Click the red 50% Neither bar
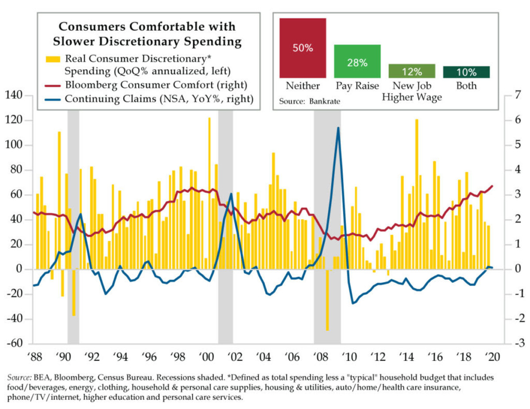tap(303, 48)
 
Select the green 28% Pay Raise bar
tap(357, 62)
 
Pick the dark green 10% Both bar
tap(466, 72)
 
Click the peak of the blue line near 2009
tap(338, 128)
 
